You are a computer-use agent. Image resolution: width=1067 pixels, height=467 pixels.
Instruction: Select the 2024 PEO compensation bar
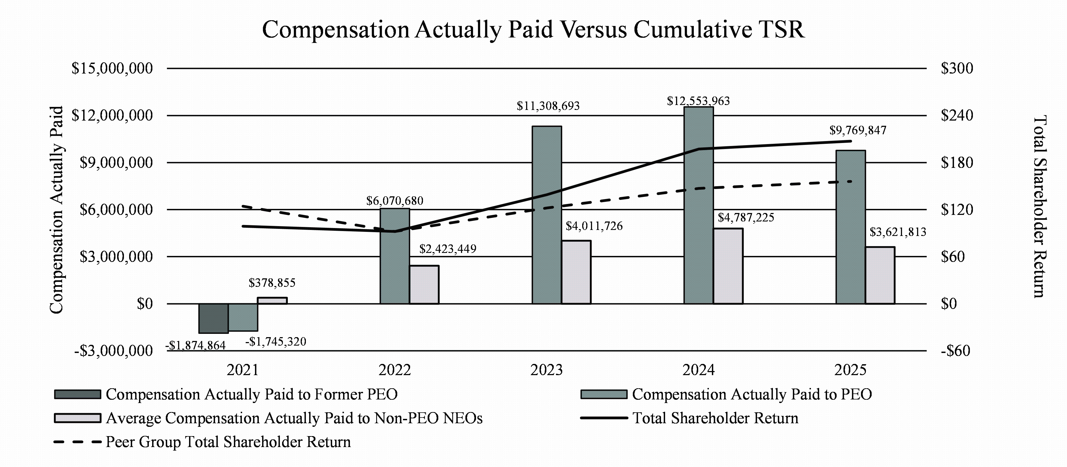pos(698,205)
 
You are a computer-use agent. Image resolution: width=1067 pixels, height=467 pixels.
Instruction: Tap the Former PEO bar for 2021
pos(213,318)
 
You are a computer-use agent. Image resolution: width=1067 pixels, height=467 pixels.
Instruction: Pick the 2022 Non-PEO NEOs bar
pos(424,285)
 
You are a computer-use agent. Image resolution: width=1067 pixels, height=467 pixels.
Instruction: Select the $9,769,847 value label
pos(857,131)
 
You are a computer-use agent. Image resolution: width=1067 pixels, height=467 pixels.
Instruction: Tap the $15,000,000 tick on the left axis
pos(112,68)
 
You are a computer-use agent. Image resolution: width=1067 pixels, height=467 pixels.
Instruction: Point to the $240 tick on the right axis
pos(957,115)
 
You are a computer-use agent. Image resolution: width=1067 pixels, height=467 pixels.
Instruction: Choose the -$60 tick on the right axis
pos(955,351)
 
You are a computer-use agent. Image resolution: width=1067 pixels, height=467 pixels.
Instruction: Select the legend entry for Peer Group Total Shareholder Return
pos(228,442)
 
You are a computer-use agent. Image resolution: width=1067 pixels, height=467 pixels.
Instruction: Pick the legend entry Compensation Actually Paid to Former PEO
pos(251,395)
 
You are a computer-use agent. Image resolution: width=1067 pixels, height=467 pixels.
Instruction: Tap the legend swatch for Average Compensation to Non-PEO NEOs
pos(77,418)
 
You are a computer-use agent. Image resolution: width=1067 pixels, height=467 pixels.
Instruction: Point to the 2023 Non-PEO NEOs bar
pos(576,272)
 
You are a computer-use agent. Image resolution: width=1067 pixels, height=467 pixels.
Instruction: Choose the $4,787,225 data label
pos(746,218)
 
